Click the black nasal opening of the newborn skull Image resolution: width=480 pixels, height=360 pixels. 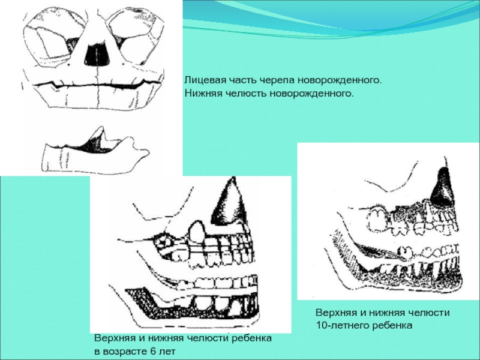pos(93,55)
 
